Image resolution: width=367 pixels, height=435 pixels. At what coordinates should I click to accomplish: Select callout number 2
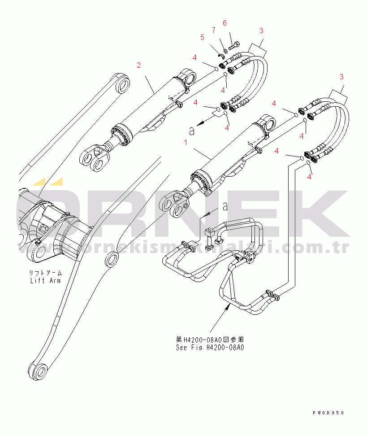139,65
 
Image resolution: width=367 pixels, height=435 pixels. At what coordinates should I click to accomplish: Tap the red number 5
202,37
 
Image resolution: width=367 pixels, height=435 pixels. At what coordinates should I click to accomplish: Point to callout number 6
225,23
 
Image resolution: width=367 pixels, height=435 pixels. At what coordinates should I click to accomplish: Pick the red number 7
214,30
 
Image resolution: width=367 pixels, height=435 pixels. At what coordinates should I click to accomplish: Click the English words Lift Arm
45,281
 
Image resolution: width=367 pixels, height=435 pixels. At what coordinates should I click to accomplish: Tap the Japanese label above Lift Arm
46,273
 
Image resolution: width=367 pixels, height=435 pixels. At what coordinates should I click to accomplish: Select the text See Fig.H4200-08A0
210,347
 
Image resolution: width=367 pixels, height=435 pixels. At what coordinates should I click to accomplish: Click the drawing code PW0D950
329,413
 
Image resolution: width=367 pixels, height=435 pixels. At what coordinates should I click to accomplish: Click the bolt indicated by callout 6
234,45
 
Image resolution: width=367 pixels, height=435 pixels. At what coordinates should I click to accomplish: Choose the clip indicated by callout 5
221,56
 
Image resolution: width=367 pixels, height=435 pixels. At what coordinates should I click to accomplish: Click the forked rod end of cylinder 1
174,204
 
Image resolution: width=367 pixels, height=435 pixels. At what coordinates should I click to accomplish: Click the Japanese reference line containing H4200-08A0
210,339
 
